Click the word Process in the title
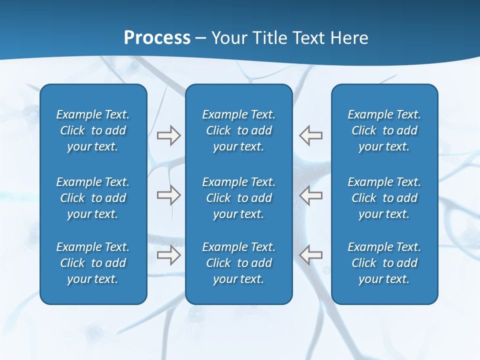(x=157, y=38)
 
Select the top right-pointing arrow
(x=168, y=135)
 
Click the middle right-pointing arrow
(x=168, y=195)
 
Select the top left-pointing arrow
(x=310, y=135)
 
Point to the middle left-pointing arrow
(x=310, y=195)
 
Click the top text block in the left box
(x=93, y=130)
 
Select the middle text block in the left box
(x=93, y=198)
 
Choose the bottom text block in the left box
(x=93, y=263)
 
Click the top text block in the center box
(x=239, y=130)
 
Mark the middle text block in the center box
(x=239, y=198)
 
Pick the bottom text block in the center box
(x=239, y=263)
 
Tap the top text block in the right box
(x=384, y=130)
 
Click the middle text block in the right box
(x=384, y=198)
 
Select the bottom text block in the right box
(x=384, y=263)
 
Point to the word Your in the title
(x=228, y=38)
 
